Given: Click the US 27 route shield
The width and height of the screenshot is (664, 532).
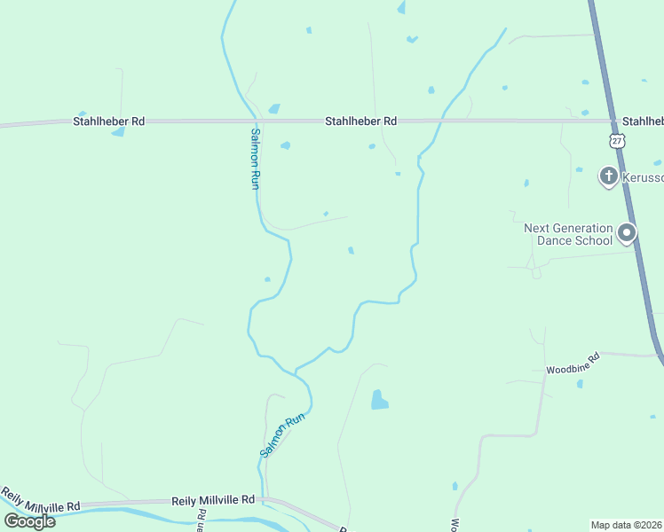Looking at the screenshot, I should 618,141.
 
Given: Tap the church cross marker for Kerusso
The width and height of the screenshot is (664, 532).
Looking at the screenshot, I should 609,176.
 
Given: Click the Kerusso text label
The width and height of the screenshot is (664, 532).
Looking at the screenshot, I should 642,178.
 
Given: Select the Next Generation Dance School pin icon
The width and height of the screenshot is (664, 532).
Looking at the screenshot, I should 627,233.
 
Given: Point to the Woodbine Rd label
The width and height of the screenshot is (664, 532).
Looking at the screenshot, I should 573,363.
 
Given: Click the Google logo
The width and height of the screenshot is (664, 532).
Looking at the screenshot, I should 29,521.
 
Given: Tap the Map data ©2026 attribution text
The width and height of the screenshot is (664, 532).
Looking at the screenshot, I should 627,525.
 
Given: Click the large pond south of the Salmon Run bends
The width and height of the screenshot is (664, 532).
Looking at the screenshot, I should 379,400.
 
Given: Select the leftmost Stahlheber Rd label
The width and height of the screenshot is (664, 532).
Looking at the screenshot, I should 108,121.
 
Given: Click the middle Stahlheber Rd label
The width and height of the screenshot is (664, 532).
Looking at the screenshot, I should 360,121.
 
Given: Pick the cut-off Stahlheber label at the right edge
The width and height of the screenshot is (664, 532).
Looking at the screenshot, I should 643,121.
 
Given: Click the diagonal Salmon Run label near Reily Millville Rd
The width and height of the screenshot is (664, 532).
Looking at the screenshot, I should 282,434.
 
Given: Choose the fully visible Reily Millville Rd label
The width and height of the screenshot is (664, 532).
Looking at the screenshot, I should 213,500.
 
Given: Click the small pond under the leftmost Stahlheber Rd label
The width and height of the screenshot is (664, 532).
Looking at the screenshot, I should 118,132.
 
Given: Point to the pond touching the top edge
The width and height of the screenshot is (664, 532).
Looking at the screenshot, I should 401,8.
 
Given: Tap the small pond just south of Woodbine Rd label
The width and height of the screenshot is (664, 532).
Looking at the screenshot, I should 580,384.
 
